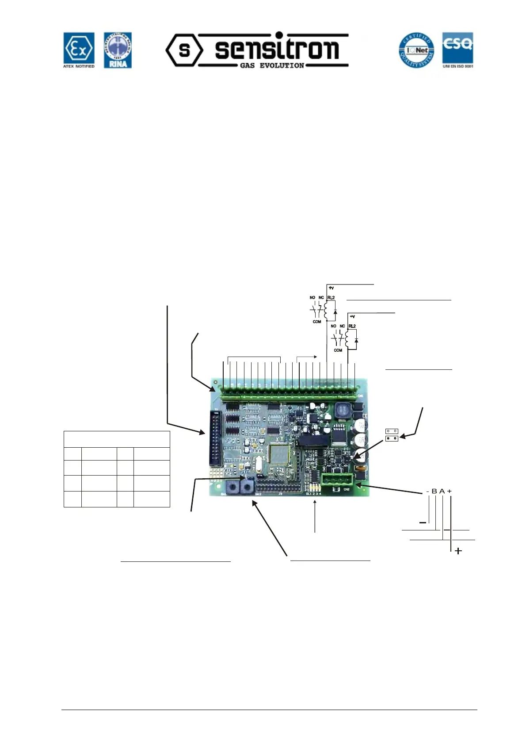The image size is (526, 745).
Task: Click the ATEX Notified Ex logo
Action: [x=79, y=50]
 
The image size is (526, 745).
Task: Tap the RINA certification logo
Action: [x=118, y=50]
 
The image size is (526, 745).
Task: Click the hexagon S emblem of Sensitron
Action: [x=184, y=50]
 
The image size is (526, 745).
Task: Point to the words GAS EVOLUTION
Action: [x=272, y=65]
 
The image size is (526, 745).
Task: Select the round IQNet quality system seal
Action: [x=416, y=50]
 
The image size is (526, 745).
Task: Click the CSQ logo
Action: [x=458, y=50]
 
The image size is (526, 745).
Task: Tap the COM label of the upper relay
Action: [x=316, y=322]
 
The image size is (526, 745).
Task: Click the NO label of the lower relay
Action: [x=333, y=326]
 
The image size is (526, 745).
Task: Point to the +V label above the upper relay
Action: [x=331, y=288]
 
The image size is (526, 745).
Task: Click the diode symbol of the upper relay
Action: [x=335, y=312]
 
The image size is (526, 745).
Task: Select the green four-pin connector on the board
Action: [x=337, y=480]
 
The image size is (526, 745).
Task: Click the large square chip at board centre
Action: [x=278, y=454]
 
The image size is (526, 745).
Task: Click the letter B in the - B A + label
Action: [x=434, y=492]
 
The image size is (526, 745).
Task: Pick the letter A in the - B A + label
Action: [x=442, y=492]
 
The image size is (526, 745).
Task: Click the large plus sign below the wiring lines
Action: [x=458, y=551]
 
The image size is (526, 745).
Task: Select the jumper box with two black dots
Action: [x=392, y=438]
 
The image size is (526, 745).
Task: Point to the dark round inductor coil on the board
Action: [x=343, y=410]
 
